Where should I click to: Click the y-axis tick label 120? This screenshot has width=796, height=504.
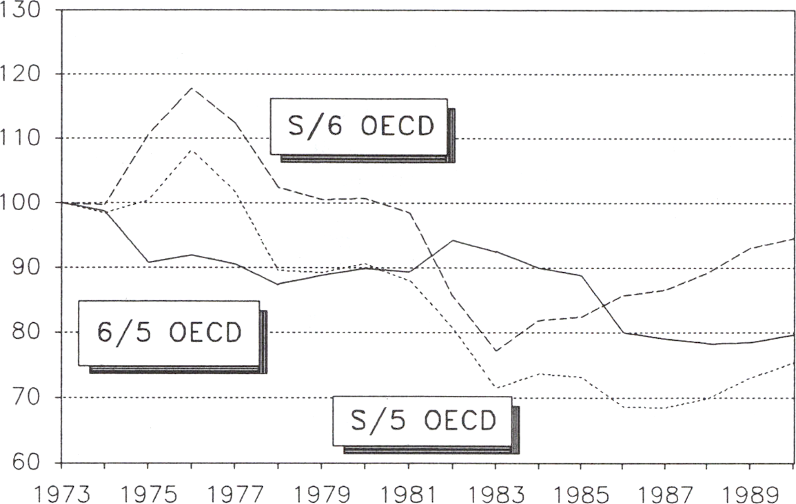click(25, 73)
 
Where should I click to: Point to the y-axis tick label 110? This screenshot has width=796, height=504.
click(25, 138)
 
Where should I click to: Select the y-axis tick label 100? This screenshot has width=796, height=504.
click(25, 202)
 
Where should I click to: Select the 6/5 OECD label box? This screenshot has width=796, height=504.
click(169, 333)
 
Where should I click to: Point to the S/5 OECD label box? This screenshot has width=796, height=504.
click(422, 421)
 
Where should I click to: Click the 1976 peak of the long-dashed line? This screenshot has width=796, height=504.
click(191, 87)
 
